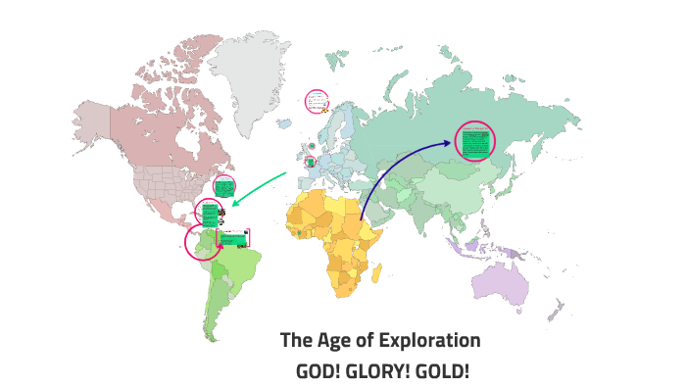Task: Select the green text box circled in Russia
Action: click(x=475, y=144)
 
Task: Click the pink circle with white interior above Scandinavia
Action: click(x=316, y=101)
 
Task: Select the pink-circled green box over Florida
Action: click(x=224, y=186)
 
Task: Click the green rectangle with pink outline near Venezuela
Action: click(x=233, y=237)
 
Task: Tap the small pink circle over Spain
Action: click(x=311, y=162)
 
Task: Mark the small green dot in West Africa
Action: click(x=297, y=232)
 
